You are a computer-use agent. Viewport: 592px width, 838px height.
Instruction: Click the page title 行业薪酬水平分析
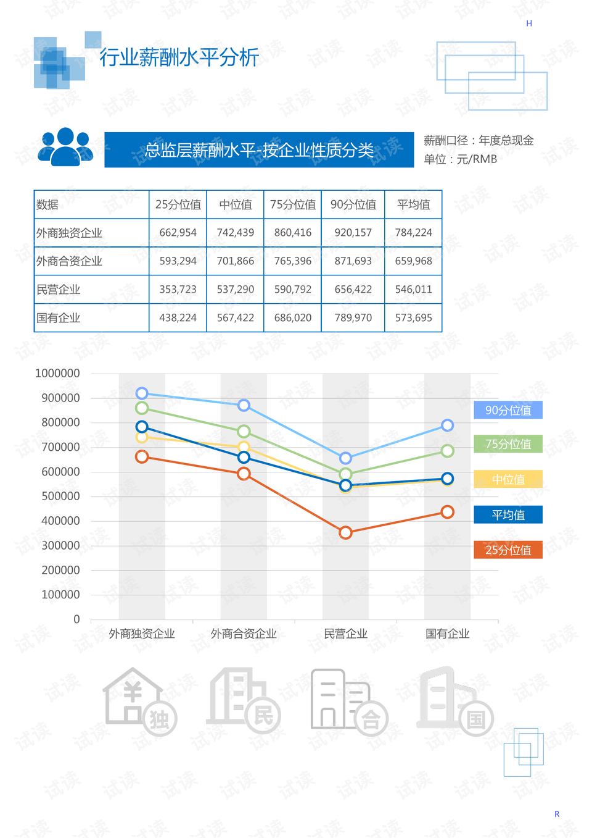pos(179,57)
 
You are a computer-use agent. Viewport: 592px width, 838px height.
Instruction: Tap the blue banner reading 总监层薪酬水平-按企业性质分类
pos(259,150)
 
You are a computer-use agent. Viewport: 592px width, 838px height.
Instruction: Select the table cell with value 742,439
pos(235,233)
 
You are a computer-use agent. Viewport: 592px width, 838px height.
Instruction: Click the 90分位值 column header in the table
pos(353,204)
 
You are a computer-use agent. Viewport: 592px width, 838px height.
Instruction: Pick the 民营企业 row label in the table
pos(59,290)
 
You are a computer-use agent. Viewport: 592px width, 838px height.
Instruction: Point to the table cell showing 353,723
pos(178,290)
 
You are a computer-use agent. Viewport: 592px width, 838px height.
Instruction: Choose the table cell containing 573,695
pos(413,318)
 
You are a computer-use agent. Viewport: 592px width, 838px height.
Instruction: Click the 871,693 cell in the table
pos(353,261)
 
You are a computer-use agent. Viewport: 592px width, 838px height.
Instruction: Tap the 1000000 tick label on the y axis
pos(57,374)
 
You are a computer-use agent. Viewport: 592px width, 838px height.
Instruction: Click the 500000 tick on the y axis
pos(60,497)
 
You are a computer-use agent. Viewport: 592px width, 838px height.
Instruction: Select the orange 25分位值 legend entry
pos(508,550)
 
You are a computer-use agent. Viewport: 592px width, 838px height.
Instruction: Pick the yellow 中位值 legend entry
pos(508,479)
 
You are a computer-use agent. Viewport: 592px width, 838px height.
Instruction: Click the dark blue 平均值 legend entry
pos(508,514)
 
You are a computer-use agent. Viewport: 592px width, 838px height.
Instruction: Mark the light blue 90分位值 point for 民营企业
pos(346,458)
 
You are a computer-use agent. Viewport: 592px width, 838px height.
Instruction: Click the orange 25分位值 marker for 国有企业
pos(448,512)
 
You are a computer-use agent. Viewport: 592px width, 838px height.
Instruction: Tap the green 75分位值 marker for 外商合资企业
pos(244,432)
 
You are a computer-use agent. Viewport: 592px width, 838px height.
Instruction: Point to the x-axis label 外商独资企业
pos(142,634)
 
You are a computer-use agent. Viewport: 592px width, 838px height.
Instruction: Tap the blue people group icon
pos(65,147)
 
